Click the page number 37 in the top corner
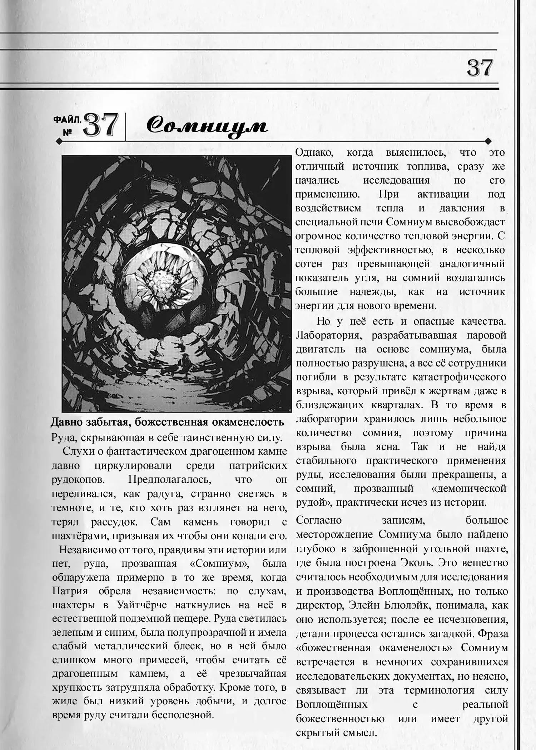pos(480,68)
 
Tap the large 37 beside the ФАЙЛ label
pos(101,125)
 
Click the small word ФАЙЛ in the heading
pos(67,120)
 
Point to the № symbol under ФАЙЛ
pos(67,132)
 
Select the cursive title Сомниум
pos(207,126)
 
